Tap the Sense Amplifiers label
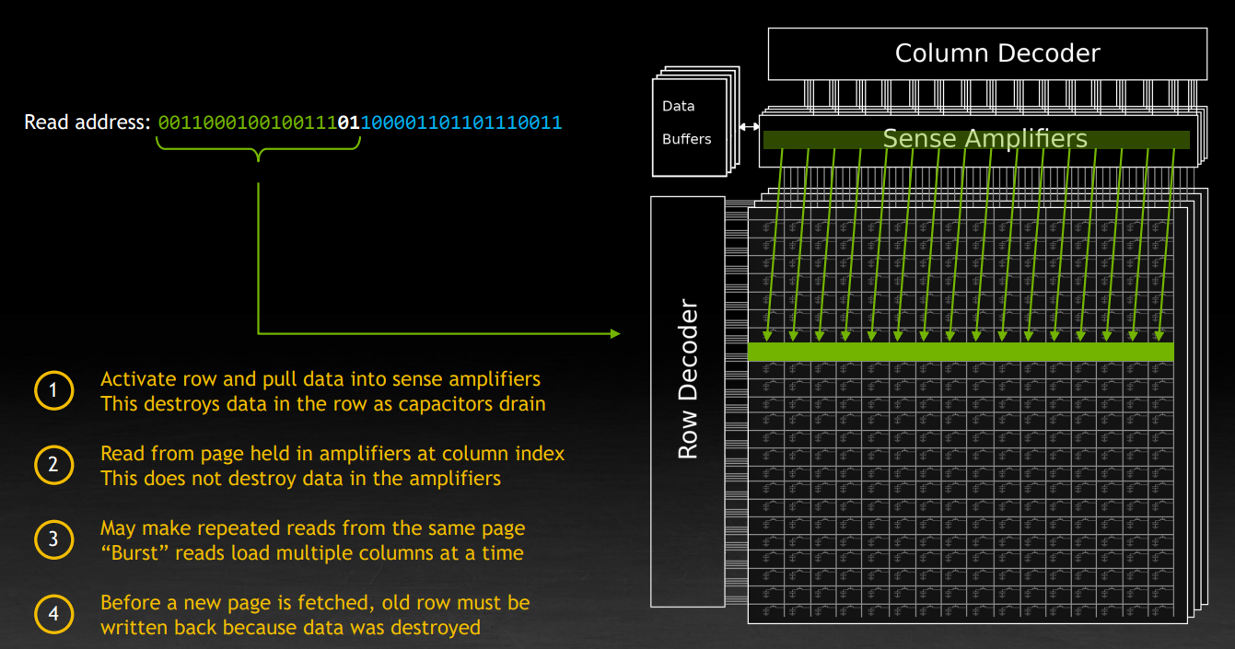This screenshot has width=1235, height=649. (985, 139)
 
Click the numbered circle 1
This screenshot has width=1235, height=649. (52, 391)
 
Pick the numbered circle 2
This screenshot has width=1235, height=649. (52, 465)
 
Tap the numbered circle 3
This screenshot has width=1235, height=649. (52, 539)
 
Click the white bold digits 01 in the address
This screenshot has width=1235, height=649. (349, 122)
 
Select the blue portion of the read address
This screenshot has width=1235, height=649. (460, 122)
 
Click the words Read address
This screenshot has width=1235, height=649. (87, 122)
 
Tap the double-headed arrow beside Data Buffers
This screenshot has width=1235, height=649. (749, 127)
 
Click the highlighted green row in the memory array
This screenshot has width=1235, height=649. (961, 352)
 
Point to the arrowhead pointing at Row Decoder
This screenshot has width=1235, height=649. (615, 333)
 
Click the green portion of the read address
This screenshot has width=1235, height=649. (248, 122)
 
